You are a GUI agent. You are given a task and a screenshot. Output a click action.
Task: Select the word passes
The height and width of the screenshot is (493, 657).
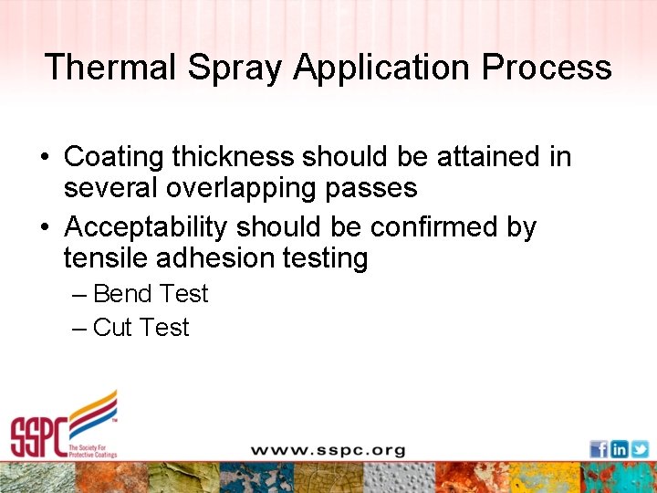pyautogui.click(x=374, y=189)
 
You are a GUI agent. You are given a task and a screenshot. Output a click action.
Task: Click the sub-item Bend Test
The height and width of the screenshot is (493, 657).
pyautogui.click(x=151, y=294)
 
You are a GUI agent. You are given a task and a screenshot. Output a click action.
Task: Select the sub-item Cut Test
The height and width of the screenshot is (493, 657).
pyautogui.click(x=141, y=328)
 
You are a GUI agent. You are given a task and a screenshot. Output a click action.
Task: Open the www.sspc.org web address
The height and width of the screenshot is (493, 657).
pyautogui.click(x=328, y=450)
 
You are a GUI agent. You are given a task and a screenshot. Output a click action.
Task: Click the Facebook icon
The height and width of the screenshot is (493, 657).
pyautogui.click(x=599, y=449)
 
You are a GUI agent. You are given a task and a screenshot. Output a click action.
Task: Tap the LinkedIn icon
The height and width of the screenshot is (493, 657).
pyautogui.click(x=620, y=449)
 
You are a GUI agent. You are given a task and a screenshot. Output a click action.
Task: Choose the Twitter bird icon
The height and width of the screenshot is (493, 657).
pyautogui.click(x=640, y=449)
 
